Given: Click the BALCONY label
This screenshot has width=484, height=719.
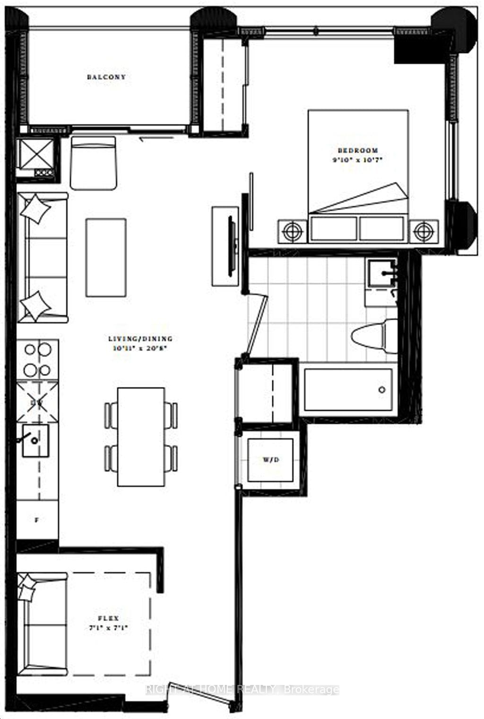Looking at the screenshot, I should click(x=106, y=77).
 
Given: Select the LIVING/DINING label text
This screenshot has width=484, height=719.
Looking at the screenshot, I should click(x=140, y=339).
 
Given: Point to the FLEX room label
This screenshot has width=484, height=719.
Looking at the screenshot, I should click(x=108, y=618).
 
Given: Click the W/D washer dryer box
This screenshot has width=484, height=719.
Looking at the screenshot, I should click(x=270, y=459).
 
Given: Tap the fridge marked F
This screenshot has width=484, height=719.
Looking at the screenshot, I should click(x=37, y=520).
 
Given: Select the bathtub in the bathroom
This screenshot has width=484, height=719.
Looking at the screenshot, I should click(x=348, y=390).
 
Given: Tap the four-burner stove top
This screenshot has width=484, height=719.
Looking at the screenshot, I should click(x=38, y=359).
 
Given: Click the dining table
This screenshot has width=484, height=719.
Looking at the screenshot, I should click(x=141, y=437).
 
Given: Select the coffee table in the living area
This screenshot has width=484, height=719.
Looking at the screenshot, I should click(x=106, y=257).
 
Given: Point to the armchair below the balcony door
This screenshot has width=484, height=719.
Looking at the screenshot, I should click(x=93, y=163).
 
